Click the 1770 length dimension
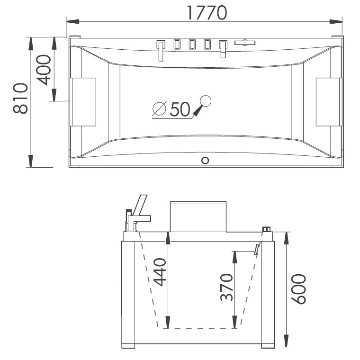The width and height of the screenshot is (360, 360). (207, 13)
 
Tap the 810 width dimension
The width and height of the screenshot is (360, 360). (20, 98)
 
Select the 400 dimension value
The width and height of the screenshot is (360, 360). (44, 70)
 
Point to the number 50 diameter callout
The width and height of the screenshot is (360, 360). (180, 109)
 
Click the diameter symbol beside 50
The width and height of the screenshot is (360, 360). (159, 108)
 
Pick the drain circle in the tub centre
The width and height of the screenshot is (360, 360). (206, 101)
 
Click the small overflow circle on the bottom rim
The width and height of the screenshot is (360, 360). (205, 160)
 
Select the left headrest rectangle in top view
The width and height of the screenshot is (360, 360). (83, 102)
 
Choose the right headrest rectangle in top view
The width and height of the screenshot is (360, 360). (329, 102)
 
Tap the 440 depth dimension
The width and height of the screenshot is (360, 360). (160, 272)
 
